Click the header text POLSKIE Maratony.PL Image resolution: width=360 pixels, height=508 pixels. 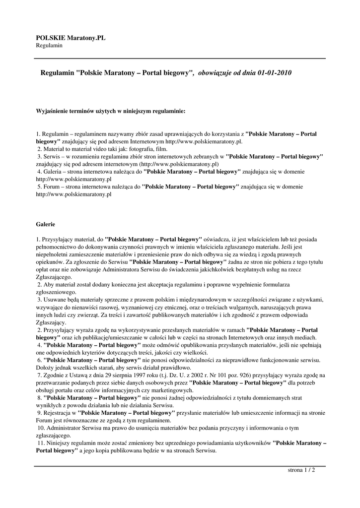coord(71,38)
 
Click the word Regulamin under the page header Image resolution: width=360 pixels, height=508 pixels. coord(49,46)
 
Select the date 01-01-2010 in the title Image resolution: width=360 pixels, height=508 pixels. coord(275,73)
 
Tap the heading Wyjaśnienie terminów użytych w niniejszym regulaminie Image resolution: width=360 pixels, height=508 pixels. coord(111,112)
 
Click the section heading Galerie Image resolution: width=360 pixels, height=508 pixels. coord(46,224)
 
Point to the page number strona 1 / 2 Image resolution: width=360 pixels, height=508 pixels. coord(301,469)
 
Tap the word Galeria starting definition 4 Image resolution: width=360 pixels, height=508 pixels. coord(52,171)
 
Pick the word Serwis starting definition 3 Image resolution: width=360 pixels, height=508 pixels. coord(51,156)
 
